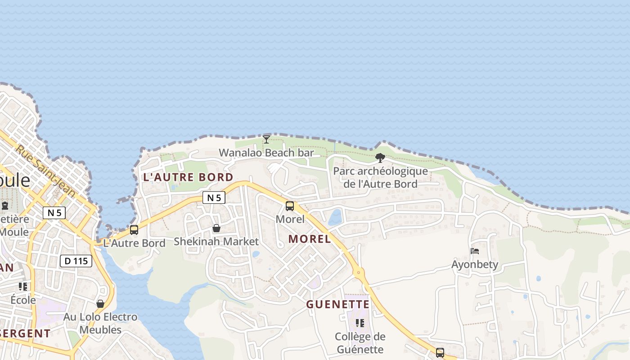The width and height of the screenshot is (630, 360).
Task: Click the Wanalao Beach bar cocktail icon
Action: point(266,139)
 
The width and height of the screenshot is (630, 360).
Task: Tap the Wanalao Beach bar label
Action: point(266,153)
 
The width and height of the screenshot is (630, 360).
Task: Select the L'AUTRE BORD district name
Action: point(188,177)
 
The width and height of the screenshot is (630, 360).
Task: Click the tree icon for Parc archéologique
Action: point(380,158)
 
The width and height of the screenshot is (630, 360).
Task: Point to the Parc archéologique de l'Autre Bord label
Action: point(380,177)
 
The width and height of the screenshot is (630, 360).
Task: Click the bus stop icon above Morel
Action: point(290,206)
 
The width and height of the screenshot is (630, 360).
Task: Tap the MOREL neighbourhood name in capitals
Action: point(310,239)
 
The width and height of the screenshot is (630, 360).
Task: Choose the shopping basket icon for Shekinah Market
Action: point(216,228)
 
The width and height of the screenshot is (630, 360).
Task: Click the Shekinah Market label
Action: point(216,242)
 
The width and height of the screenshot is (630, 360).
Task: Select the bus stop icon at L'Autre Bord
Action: point(134,230)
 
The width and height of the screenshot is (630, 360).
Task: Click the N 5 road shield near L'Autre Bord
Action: point(213,198)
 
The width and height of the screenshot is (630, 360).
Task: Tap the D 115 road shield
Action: point(76,261)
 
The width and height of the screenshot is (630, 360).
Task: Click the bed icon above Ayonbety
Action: point(475,251)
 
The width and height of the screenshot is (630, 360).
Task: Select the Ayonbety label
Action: point(475,264)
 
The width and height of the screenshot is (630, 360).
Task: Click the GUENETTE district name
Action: point(337,305)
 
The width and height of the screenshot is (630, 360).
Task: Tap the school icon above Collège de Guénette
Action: point(360,323)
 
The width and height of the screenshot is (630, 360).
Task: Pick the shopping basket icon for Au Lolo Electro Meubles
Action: point(100,304)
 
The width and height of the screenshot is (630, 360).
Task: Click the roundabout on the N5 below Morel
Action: point(359,272)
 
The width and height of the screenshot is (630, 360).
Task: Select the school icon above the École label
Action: point(23,286)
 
